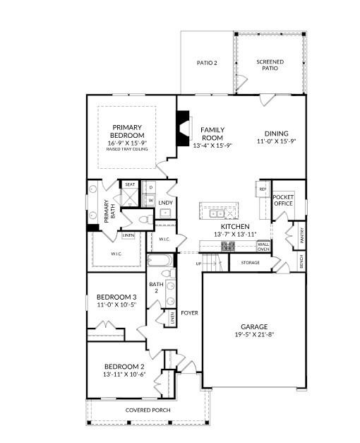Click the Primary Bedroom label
point(128,131)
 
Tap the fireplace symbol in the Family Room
point(184,129)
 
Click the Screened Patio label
point(270,66)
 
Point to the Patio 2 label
point(206,63)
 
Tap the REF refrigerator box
point(262,189)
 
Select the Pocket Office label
point(283,201)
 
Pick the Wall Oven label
point(263,247)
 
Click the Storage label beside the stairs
point(250,263)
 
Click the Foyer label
point(189,312)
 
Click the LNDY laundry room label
point(165,203)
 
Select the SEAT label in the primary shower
point(130,184)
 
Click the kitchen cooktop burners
point(228,247)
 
